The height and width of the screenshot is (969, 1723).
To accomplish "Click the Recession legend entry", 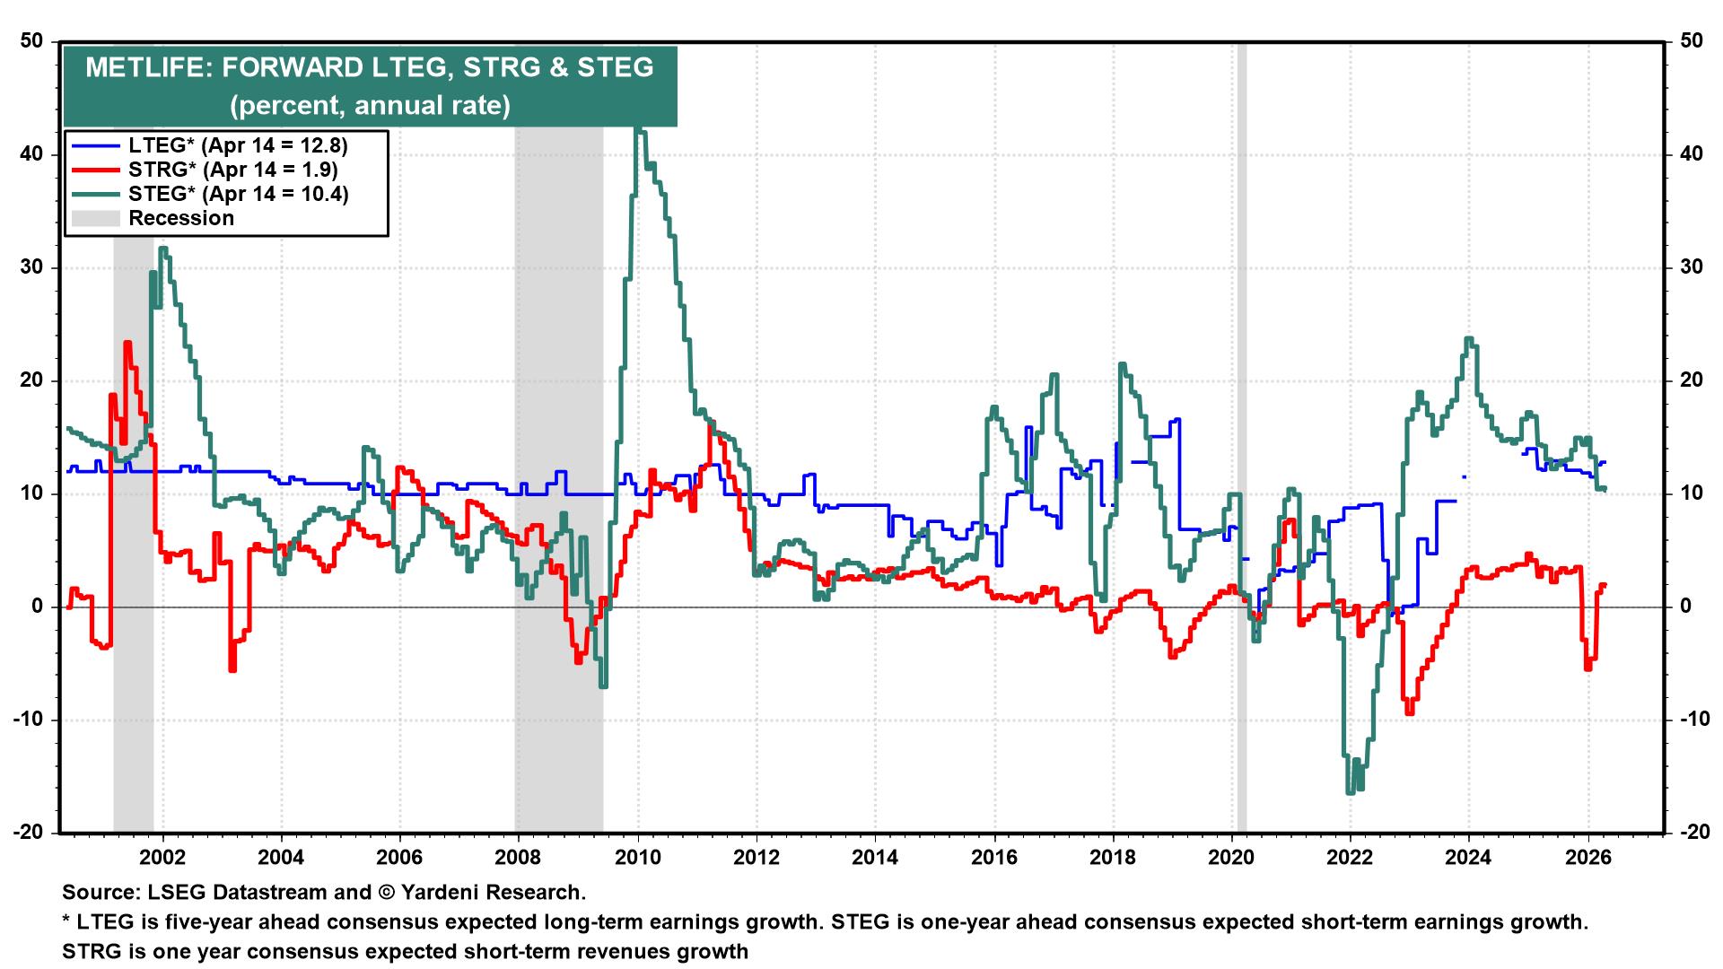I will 180,218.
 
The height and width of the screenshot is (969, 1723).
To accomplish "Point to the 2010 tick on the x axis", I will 637,857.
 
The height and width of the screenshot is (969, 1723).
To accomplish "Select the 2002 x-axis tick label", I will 162,857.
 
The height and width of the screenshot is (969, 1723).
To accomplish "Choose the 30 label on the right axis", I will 1691,267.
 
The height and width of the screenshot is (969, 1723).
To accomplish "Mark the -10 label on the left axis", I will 29,720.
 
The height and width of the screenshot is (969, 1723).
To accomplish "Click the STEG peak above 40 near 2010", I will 638,131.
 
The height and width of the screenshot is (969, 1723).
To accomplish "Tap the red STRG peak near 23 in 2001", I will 127,343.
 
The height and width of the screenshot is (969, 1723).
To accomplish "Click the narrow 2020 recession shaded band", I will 1242,449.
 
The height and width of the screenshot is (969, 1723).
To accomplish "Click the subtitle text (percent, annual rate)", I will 370,106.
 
